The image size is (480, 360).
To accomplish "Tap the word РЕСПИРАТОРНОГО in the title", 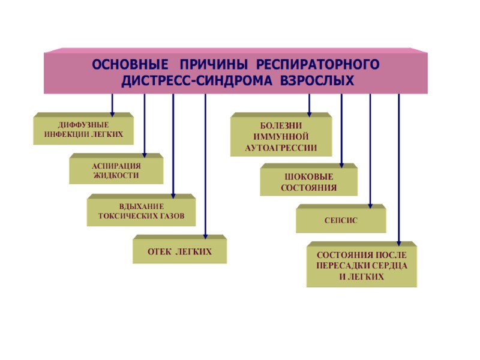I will (x=320, y=64).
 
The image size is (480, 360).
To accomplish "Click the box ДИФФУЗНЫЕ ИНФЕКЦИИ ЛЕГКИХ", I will (x=83, y=130).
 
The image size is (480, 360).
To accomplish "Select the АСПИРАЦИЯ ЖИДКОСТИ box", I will (x=116, y=170).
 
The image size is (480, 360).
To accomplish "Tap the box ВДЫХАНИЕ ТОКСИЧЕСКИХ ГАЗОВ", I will (x=141, y=211).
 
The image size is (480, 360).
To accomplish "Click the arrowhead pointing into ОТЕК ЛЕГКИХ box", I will (x=205, y=235).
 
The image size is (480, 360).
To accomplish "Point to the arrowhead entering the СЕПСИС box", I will (x=370, y=206).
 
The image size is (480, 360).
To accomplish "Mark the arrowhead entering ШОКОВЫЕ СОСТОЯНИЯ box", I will (x=341, y=164).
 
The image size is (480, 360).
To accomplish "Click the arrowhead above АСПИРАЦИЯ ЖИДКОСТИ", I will (x=145, y=154).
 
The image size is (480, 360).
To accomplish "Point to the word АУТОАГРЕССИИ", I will (x=281, y=148).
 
